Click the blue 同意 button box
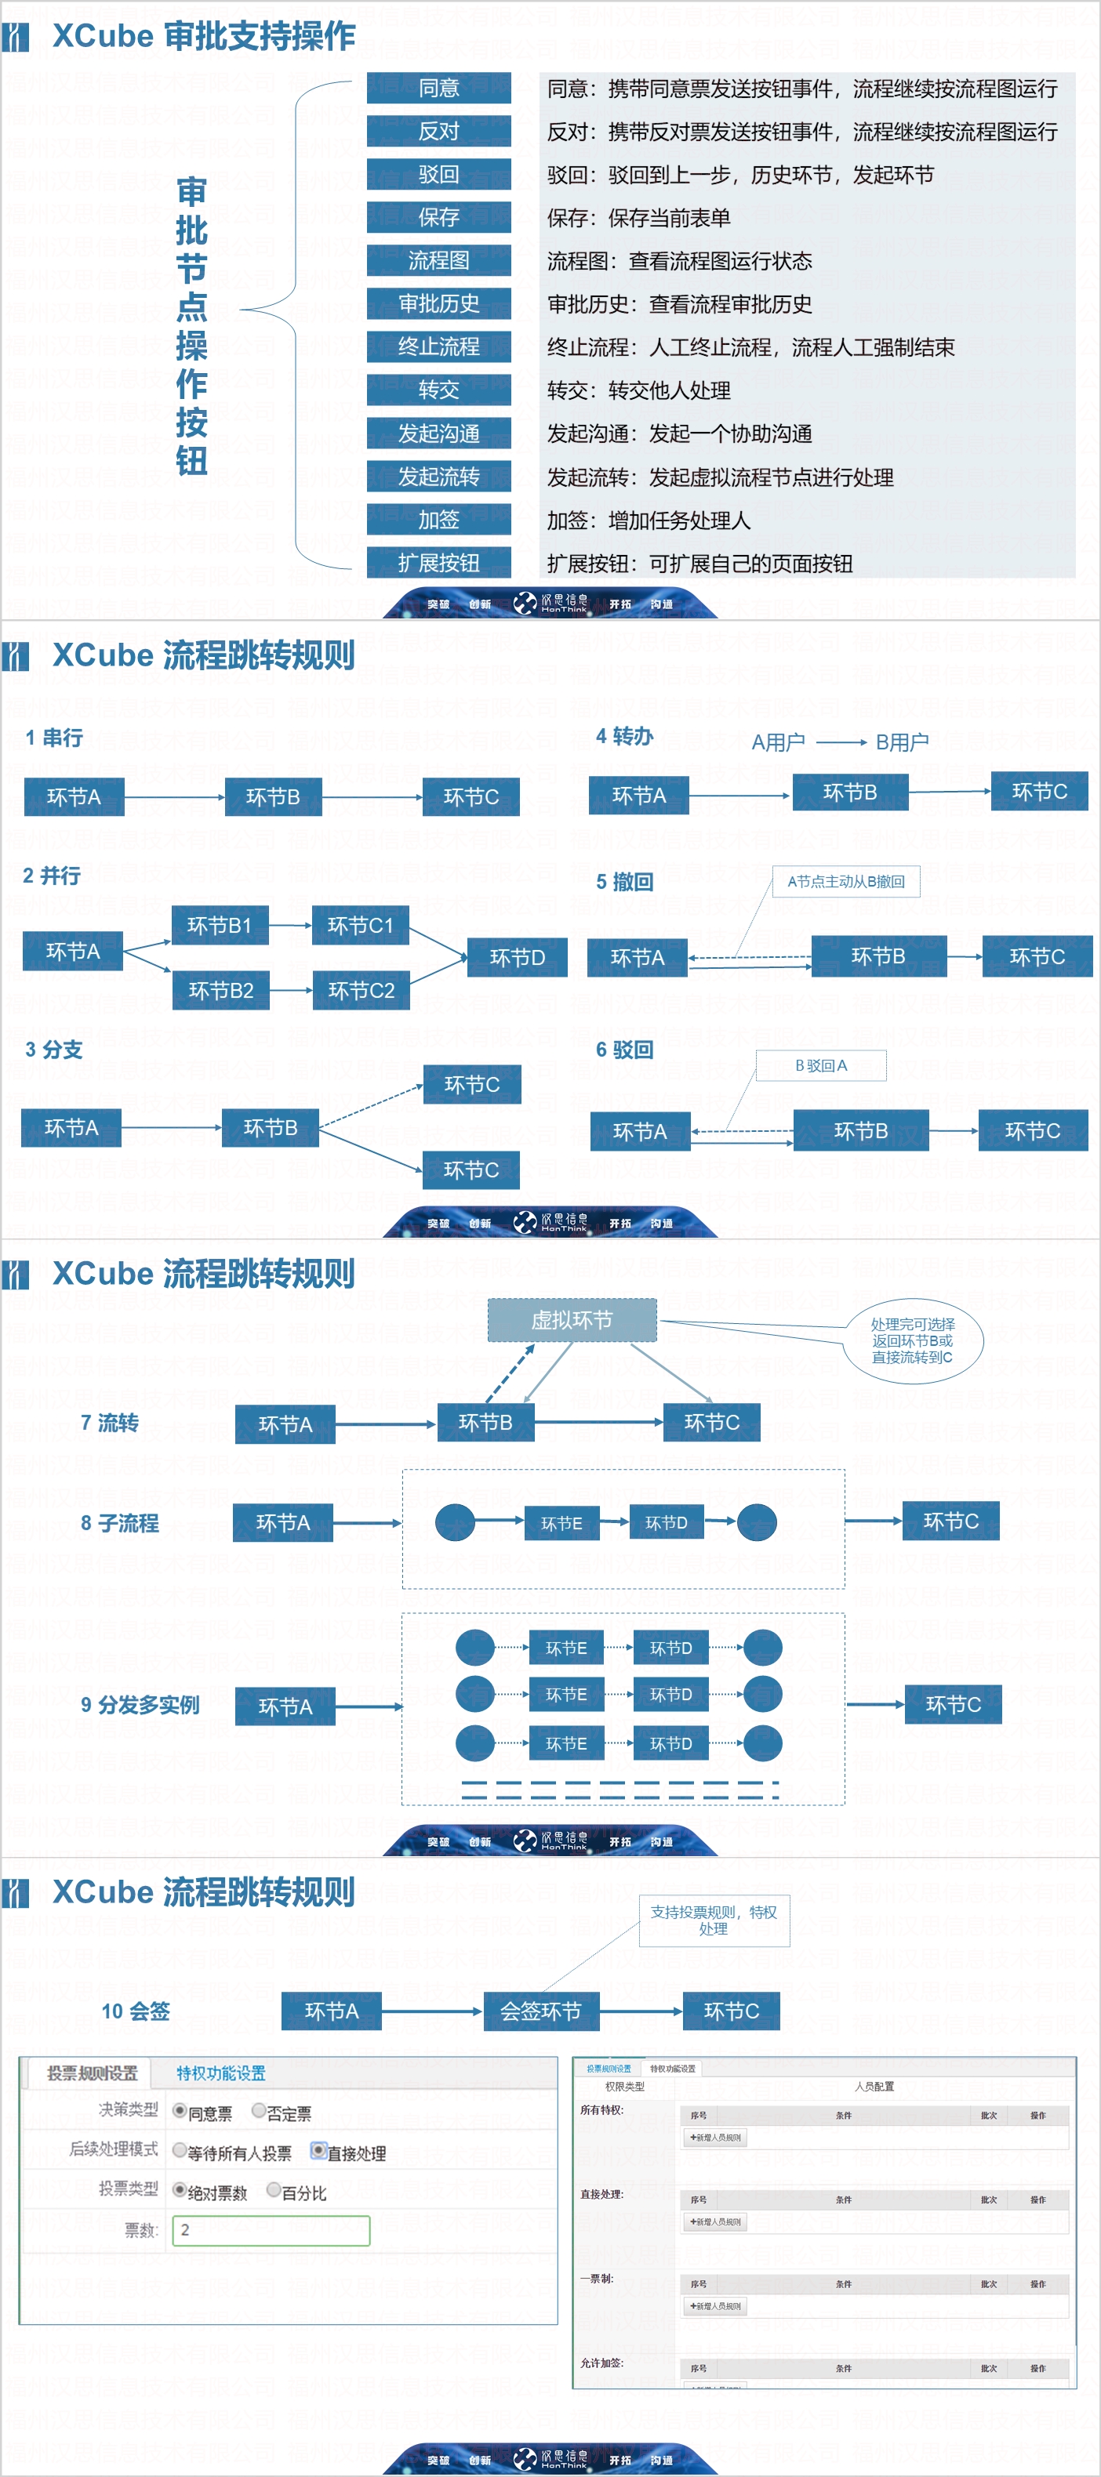(438, 88)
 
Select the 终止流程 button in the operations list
(438, 346)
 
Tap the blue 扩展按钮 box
(438, 563)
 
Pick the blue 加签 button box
(438, 519)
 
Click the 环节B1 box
(220, 925)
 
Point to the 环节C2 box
(361, 991)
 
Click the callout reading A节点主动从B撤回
(845, 882)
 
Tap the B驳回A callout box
(820, 1065)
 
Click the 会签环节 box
(540, 2011)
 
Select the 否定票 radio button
(259, 2111)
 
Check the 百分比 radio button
(274, 2189)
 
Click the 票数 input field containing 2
(271, 2230)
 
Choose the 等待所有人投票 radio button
(180, 2150)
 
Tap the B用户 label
(901, 742)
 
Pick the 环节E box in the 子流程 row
(561, 1523)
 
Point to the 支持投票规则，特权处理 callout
(714, 1920)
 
